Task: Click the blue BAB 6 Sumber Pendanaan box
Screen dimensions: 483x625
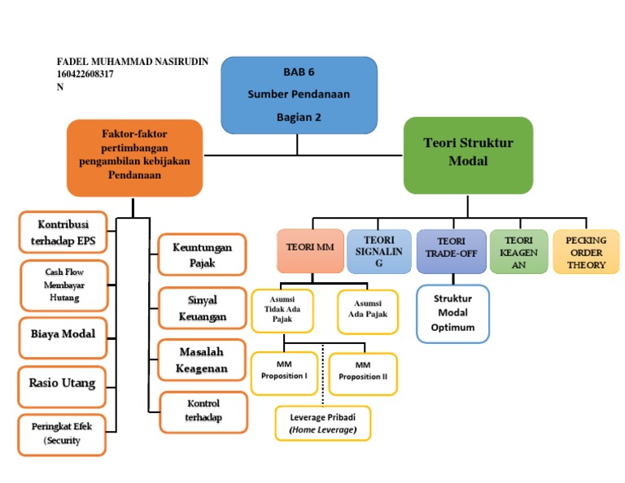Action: [x=299, y=94]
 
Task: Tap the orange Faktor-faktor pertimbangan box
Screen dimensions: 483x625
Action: [x=134, y=158]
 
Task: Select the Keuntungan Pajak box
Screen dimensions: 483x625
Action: [x=202, y=255]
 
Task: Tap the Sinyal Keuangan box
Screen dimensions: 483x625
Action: [x=202, y=308]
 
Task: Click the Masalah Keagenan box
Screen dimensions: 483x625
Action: [x=202, y=359]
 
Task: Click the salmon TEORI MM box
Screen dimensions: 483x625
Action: [x=310, y=250]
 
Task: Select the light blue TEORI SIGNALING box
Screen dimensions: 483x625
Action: [x=378, y=251]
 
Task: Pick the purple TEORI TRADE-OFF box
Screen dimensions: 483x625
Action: [x=451, y=250]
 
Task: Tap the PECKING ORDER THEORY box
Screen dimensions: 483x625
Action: [x=586, y=251]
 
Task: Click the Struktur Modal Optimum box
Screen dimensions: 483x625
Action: [x=452, y=313]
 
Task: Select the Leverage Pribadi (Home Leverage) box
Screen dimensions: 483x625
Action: [x=322, y=423]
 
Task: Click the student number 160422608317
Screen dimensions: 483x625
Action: [x=85, y=74]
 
